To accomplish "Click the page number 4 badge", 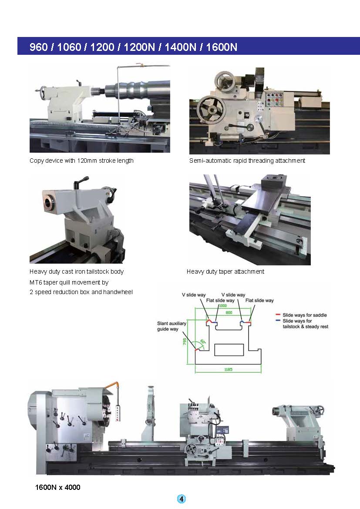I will (x=182, y=499).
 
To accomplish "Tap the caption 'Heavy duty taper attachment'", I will (x=225, y=271).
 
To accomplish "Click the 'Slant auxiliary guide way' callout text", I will (x=172, y=327).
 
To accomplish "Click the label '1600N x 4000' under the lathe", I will (x=57, y=487).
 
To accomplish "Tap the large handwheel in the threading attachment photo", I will (x=211, y=107).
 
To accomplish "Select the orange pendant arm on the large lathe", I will (x=114, y=385).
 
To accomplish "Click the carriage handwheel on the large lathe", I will (x=191, y=449).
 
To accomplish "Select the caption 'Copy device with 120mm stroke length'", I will (x=81, y=161).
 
